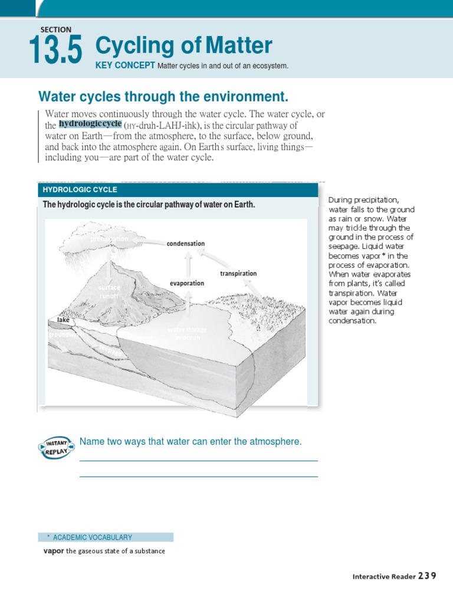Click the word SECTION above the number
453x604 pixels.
[x=56, y=29]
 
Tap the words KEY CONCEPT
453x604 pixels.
[x=125, y=65]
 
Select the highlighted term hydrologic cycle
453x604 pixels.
[x=90, y=124]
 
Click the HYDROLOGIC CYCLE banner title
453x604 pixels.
[x=80, y=190]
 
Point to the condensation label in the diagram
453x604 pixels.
[x=186, y=244]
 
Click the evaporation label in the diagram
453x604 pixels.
[x=187, y=283]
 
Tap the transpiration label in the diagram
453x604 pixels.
[x=238, y=274]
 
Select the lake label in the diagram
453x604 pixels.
[x=63, y=320]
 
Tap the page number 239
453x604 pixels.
[x=428, y=576]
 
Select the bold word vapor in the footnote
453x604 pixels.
[x=53, y=551]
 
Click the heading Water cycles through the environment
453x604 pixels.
[x=163, y=96]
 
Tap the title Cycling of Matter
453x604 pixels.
[x=183, y=45]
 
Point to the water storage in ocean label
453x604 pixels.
[x=188, y=333]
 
